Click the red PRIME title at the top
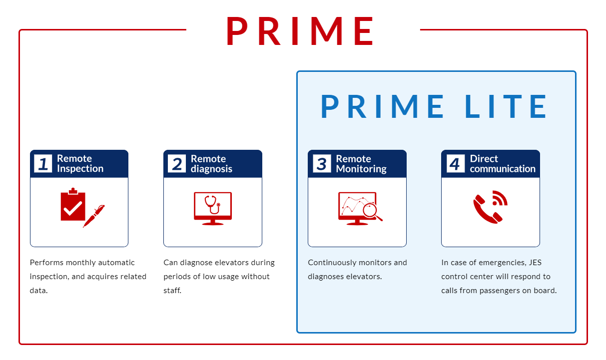tap(300, 31)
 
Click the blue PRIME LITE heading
tap(434, 106)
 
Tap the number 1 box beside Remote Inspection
tap(43, 163)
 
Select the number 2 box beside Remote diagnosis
tap(177, 163)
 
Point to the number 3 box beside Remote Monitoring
tap(322, 163)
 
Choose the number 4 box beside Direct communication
tap(455, 163)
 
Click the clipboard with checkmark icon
tap(73, 204)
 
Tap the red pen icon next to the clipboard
tap(93, 216)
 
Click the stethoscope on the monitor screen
tap(213, 205)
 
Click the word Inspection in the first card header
tap(80, 169)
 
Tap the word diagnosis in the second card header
tap(211, 169)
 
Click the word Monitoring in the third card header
tap(361, 169)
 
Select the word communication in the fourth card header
tap(503, 169)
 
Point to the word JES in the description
tap(535, 262)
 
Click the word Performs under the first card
tap(46, 262)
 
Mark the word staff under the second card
tap(172, 291)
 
